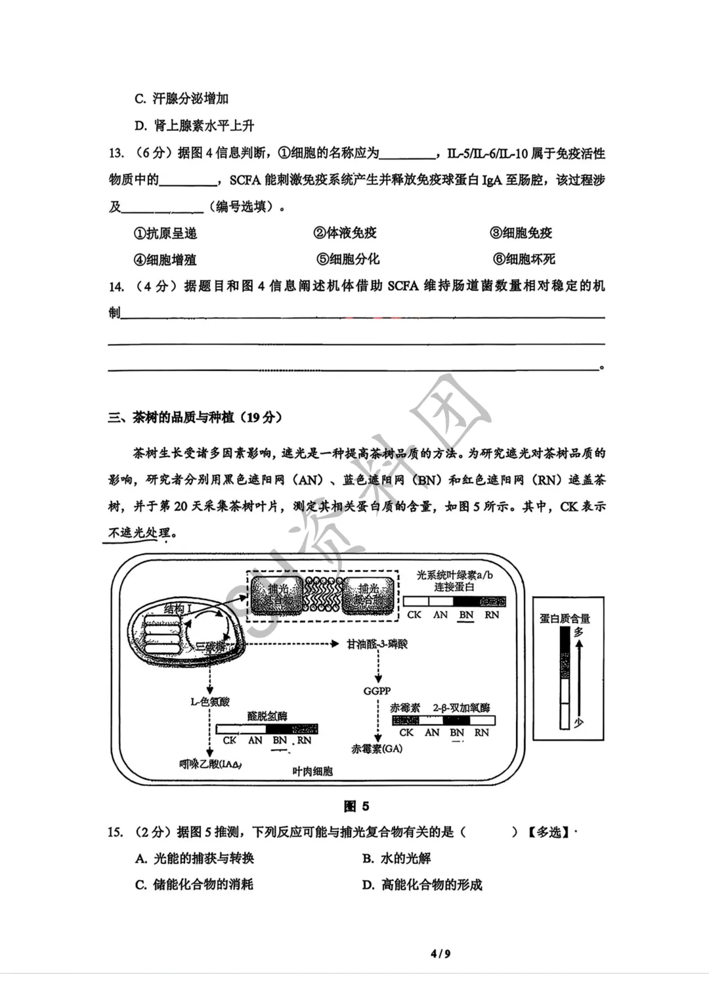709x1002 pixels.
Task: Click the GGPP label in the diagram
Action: pyautogui.click(x=377, y=691)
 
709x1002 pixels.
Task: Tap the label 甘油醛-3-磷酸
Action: pyautogui.click(x=377, y=644)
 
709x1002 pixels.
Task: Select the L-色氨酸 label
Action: pyautogui.click(x=210, y=702)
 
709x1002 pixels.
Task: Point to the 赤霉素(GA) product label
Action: pyautogui.click(x=377, y=749)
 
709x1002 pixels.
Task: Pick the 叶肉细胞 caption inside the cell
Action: pyautogui.click(x=312, y=772)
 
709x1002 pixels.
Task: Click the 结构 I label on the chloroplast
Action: pyautogui.click(x=177, y=610)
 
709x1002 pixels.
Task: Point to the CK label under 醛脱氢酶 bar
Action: pyautogui.click(x=229, y=741)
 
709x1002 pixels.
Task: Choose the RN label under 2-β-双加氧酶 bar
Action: pyautogui.click(x=482, y=733)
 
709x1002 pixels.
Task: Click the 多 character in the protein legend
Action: pyautogui.click(x=578, y=632)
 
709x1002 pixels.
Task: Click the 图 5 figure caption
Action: pyautogui.click(x=356, y=806)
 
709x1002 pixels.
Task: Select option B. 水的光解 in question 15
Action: pyautogui.click(x=397, y=858)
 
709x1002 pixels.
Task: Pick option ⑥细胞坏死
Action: pyautogui.click(x=523, y=259)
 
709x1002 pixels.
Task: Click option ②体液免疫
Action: pyautogui.click(x=345, y=232)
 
